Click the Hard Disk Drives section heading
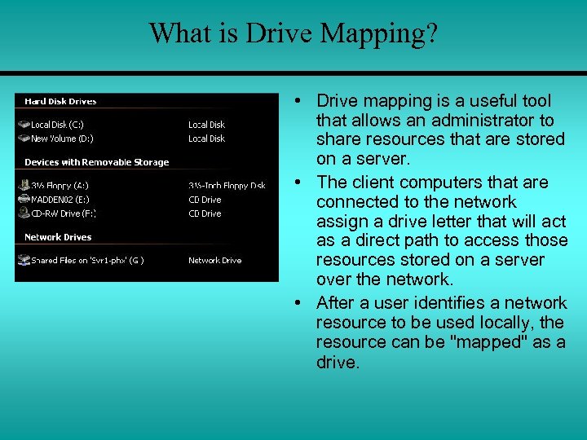point(60,102)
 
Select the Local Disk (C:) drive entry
point(55,125)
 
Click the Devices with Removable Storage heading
point(96,162)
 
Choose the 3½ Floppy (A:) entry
point(59,186)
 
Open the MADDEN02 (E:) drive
point(59,200)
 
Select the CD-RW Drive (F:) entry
point(62,213)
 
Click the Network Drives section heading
point(58,237)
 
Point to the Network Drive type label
point(214,261)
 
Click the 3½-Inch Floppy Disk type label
point(227,186)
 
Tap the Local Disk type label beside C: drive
point(206,125)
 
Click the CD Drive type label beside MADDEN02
point(205,200)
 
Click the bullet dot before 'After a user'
point(299,303)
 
